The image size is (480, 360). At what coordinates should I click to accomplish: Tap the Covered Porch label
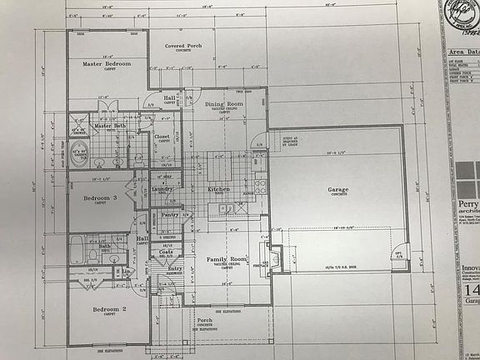(182, 46)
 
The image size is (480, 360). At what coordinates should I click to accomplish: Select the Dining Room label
(223, 104)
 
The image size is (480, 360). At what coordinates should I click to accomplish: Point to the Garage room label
(337, 190)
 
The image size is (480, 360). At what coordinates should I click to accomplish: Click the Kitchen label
(218, 189)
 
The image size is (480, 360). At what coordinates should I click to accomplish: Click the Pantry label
(170, 214)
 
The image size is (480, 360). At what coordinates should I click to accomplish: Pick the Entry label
(175, 268)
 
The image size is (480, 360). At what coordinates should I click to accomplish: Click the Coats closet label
(166, 252)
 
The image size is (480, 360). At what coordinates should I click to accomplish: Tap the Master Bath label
(109, 126)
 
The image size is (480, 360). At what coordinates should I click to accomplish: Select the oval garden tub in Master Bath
(80, 154)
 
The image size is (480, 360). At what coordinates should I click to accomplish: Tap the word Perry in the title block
(467, 204)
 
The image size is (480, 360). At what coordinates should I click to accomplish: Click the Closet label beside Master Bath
(162, 137)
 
